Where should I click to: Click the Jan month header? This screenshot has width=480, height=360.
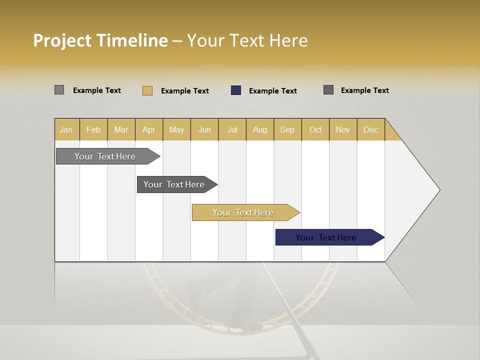[x=66, y=129]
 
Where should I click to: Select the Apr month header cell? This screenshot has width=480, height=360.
[x=149, y=129]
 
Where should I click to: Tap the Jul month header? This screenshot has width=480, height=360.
[x=232, y=129]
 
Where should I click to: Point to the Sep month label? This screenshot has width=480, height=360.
[x=287, y=129]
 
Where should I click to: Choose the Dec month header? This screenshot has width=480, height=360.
[x=370, y=129]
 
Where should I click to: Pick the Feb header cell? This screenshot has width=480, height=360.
[x=93, y=129]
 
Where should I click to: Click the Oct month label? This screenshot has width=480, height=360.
[x=315, y=129]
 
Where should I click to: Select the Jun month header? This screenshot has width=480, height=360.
[x=204, y=129]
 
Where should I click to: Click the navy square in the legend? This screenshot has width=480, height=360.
[x=236, y=90]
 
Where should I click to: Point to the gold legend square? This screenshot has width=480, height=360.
[x=147, y=90]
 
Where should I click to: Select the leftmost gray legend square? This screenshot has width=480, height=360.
[x=59, y=90]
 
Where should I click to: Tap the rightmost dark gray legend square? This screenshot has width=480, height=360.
[x=328, y=90]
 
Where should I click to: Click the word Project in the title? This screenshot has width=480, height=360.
[x=62, y=40]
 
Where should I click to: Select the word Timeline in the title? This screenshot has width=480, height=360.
[x=132, y=40]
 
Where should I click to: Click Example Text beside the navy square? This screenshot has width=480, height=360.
[x=272, y=91]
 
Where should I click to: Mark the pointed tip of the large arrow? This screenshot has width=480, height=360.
[x=439, y=190]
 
